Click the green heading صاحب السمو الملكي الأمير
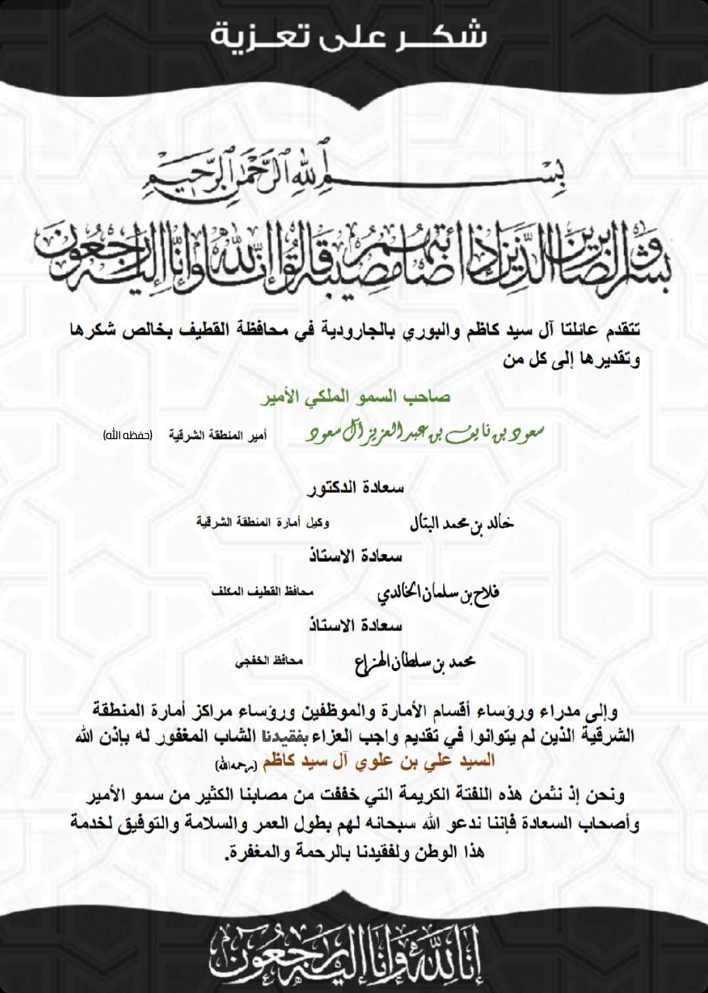tap(355, 397)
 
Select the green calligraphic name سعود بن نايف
tap(425, 433)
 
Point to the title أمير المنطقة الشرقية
tap(218, 435)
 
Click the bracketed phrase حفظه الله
tap(128, 435)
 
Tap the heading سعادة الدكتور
tap(355, 488)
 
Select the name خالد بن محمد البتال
tap(462, 522)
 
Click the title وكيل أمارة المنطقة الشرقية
tap(263, 522)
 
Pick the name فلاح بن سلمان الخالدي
tap(438, 593)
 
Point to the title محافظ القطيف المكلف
tap(262, 591)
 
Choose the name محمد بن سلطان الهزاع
tap(414, 662)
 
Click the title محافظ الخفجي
tap(269, 661)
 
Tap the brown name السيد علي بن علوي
tap(379, 762)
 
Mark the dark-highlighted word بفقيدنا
tap(285, 736)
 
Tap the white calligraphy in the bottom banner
tap(346, 954)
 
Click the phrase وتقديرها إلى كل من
tap(572, 359)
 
